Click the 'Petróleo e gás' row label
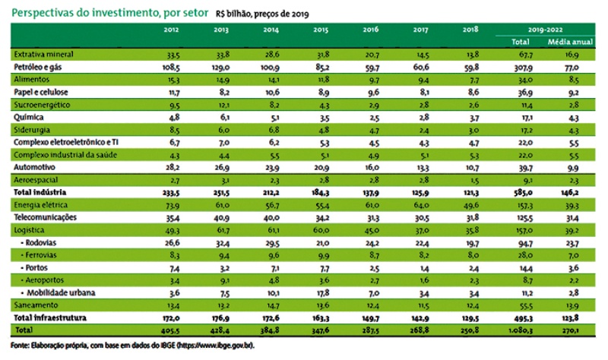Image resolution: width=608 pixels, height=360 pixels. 39,67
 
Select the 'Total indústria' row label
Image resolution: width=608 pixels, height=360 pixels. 39,193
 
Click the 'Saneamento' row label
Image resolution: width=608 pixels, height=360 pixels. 34,304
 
